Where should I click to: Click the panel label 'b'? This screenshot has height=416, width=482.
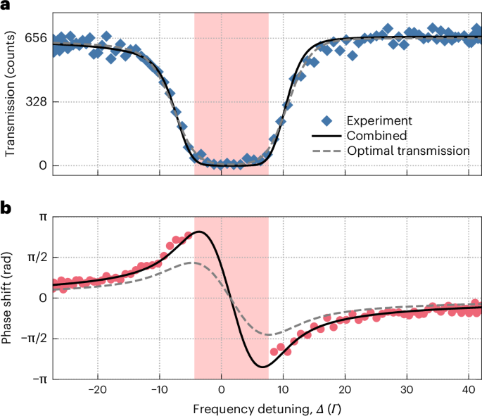pos(5,208)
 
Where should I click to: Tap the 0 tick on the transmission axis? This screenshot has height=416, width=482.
pos(42,166)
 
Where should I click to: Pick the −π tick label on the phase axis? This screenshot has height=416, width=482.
pos(39,379)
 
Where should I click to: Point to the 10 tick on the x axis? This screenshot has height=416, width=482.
pos(283,392)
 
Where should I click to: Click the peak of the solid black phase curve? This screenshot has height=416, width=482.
pos(200,232)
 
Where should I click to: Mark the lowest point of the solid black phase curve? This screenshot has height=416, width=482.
pos(262,367)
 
